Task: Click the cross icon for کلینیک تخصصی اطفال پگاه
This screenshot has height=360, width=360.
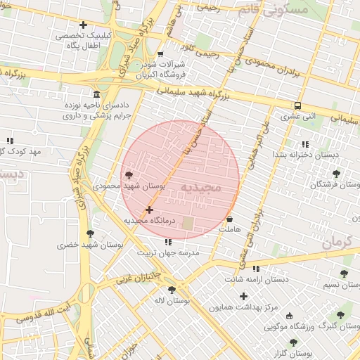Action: tap(84, 25)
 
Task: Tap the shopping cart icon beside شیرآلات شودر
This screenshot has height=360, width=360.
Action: tap(160, 54)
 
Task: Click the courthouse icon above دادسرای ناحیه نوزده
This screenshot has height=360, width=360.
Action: tap(96, 95)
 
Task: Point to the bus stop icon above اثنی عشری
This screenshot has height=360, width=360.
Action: tap(298, 106)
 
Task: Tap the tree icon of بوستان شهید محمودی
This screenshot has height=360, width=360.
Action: tap(128, 175)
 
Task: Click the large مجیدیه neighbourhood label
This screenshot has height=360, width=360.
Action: tap(201, 187)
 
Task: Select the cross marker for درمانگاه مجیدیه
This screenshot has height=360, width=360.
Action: tap(149, 210)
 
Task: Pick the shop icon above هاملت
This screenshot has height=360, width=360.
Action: tap(230, 219)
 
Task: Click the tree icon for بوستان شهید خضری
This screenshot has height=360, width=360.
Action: tap(90, 233)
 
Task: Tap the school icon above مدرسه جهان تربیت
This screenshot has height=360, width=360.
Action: tap(167, 243)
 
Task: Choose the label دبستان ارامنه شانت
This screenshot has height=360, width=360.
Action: tap(256, 279)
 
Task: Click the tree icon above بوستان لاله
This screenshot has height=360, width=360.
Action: tap(172, 290)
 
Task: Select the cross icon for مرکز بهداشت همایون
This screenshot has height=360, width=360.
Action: tap(244, 296)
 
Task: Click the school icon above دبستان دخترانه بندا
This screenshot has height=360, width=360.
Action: tap(304, 143)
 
